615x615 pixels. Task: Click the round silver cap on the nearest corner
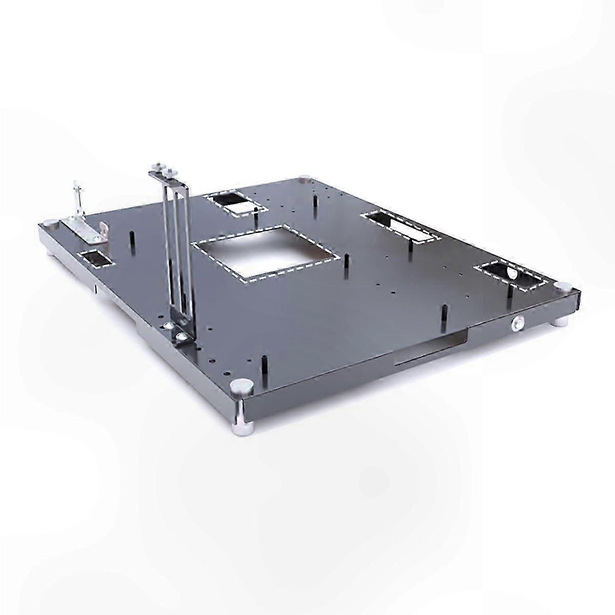tap(238, 385)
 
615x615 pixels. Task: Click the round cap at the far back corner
tap(304, 179)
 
